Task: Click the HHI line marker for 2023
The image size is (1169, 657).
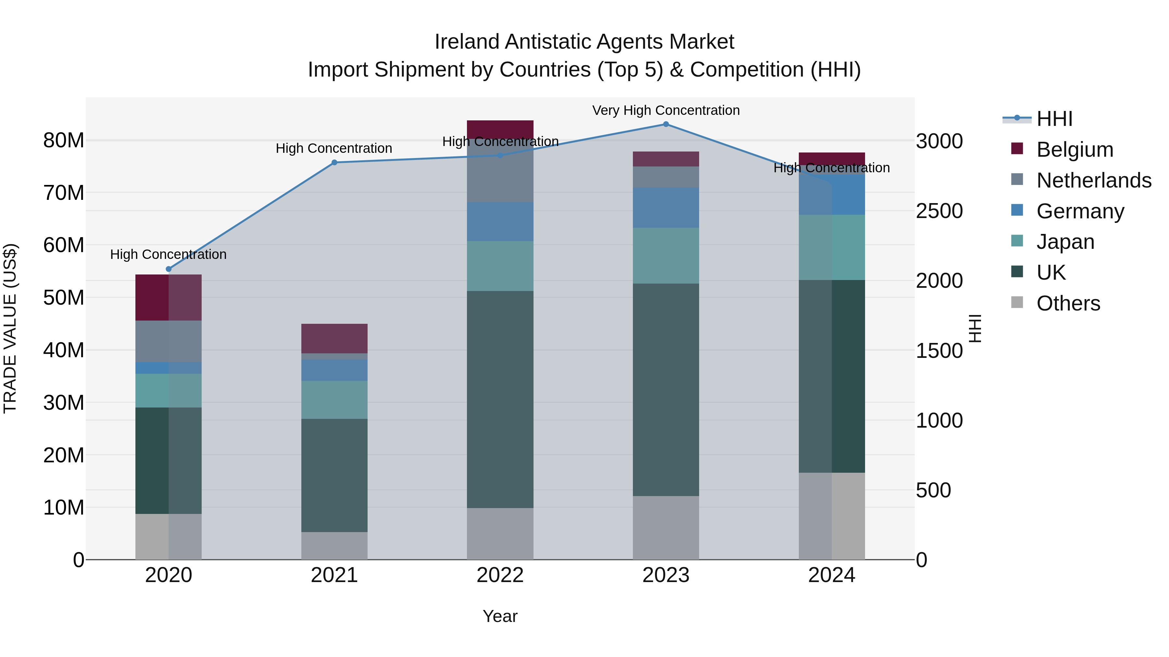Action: click(x=666, y=124)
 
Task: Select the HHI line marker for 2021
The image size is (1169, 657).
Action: click(x=334, y=162)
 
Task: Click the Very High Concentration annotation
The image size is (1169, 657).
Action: click(x=666, y=110)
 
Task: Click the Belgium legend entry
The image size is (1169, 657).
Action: click(x=1074, y=149)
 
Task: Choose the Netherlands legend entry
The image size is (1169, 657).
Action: click(x=1093, y=180)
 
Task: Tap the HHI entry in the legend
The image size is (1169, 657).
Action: click(x=1054, y=118)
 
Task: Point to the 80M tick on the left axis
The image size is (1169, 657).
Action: click(x=64, y=140)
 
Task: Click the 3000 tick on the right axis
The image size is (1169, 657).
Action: click(x=939, y=141)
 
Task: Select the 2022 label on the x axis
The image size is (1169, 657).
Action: click(x=500, y=575)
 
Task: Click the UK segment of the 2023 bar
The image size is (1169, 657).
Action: click(x=666, y=390)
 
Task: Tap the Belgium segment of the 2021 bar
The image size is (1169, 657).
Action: click(x=334, y=338)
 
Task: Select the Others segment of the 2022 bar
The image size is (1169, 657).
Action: click(x=500, y=534)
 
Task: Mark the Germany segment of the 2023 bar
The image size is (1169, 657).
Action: click(x=666, y=207)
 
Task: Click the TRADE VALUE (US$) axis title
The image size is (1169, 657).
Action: click(x=10, y=328)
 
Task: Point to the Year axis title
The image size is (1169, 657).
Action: click(x=500, y=616)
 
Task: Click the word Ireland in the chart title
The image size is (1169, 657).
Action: click(x=467, y=42)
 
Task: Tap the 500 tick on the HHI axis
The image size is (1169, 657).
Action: click(x=933, y=490)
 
